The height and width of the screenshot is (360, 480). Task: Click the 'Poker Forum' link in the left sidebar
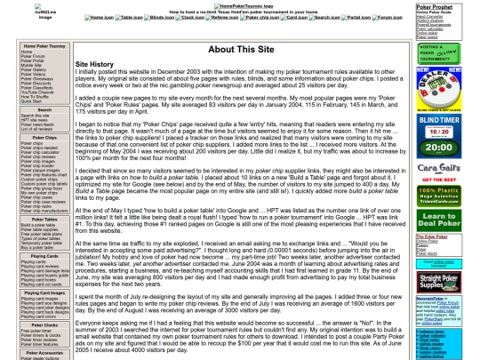tap(31, 56)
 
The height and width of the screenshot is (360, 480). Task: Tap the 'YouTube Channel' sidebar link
tap(35, 92)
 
